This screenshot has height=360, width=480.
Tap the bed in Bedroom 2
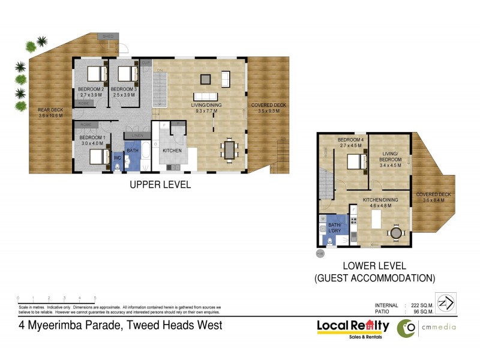click(x=95, y=74)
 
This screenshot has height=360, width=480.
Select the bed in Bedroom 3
click(x=126, y=74)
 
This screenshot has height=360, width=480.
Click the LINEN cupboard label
click(x=137, y=135)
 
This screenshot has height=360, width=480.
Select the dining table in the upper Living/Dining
click(x=230, y=149)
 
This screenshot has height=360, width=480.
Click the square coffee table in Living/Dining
click(x=206, y=78)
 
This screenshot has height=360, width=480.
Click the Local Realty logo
click(x=353, y=327)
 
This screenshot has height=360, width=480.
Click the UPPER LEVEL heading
click(x=160, y=185)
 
